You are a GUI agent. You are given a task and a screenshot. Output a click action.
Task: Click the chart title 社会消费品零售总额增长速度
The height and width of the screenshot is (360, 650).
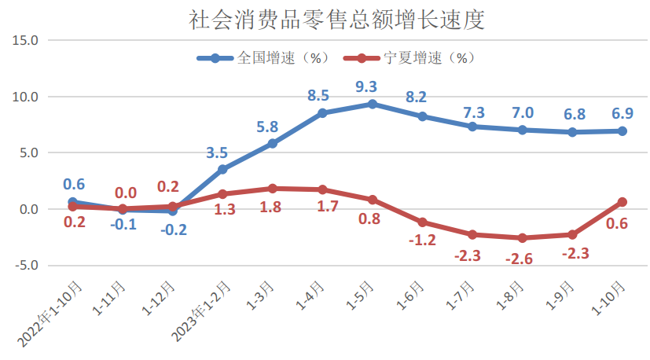(336, 20)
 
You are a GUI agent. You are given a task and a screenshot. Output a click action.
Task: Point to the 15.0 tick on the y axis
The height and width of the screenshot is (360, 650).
(28, 40)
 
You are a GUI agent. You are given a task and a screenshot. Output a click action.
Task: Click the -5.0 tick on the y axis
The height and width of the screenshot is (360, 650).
(28, 266)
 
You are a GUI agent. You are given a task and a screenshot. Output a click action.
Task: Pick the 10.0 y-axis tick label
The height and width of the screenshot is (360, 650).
(28, 97)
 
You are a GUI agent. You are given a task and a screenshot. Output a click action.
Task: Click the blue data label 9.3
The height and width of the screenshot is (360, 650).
(366, 86)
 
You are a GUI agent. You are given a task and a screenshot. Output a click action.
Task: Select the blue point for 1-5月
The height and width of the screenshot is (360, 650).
(373, 104)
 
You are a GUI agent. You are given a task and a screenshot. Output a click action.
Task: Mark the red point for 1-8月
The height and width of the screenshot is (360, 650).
(523, 238)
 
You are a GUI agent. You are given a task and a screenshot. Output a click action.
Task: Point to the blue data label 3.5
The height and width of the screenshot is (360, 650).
(217, 152)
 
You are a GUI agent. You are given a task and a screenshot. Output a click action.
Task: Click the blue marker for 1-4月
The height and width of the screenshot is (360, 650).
(322, 113)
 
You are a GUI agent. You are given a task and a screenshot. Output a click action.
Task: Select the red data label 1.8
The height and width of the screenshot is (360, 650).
(271, 207)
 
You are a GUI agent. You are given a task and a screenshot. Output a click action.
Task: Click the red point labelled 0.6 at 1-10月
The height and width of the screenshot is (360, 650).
(622, 202)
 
